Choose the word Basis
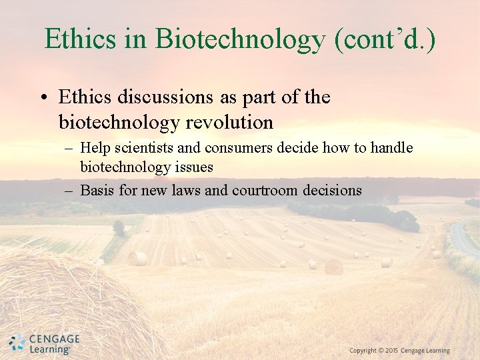click(97, 190)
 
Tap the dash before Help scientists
click(69, 149)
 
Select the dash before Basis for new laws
click(69, 191)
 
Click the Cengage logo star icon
click(17, 343)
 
